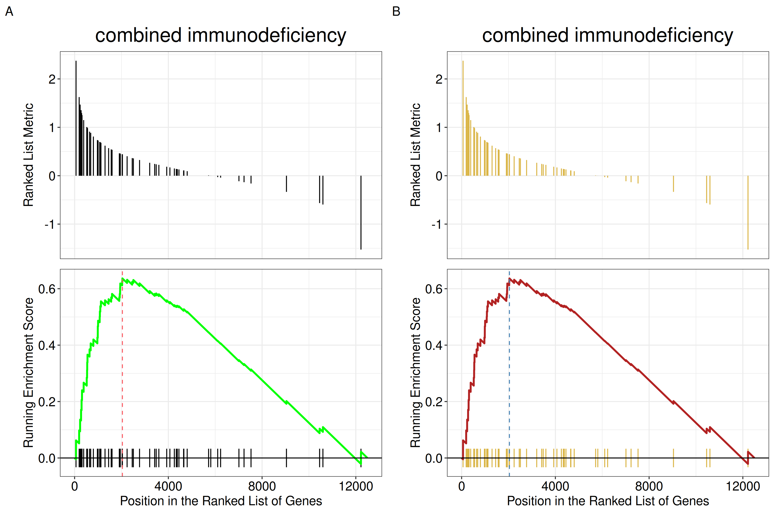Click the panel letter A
pyautogui.click(x=9, y=12)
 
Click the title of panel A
pyautogui.click(x=221, y=35)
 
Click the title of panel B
pyautogui.click(x=608, y=35)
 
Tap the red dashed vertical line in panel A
pyautogui.click(x=122, y=374)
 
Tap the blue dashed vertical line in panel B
pyautogui.click(x=509, y=374)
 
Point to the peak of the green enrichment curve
pyautogui.click(x=122, y=278)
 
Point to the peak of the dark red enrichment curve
pyautogui.click(x=509, y=278)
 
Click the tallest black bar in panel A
pyautogui.click(x=76, y=118)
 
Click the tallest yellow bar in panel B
pyautogui.click(x=463, y=118)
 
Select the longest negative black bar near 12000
pyautogui.click(x=361, y=212)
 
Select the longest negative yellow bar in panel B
pyautogui.click(x=748, y=212)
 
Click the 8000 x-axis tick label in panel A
pyautogui.click(x=262, y=486)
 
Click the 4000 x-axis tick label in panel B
pyautogui.click(x=555, y=486)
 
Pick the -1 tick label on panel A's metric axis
pyautogui.click(x=50, y=224)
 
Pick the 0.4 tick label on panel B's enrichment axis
pyautogui.click(x=433, y=345)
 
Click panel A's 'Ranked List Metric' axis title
pyautogui.click(x=29, y=155)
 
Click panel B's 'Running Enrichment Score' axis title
pyautogui.click(x=416, y=373)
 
